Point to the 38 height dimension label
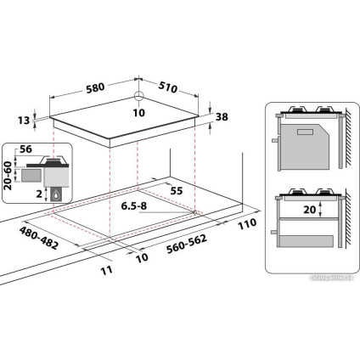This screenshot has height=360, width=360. (222, 118)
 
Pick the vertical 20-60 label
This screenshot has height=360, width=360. (8, 177)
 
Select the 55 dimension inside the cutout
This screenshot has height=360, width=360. (176, 190)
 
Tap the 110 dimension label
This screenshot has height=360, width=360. (246, 224)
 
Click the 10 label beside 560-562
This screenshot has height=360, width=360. (141, 255)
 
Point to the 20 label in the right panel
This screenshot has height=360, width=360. (309, 209)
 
